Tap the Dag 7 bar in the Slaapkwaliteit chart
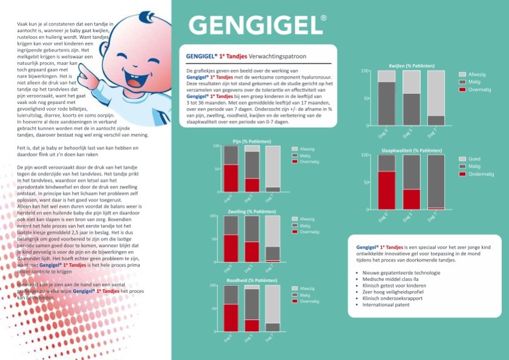[x=436, y=182]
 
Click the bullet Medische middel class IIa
[x=397, y=279]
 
